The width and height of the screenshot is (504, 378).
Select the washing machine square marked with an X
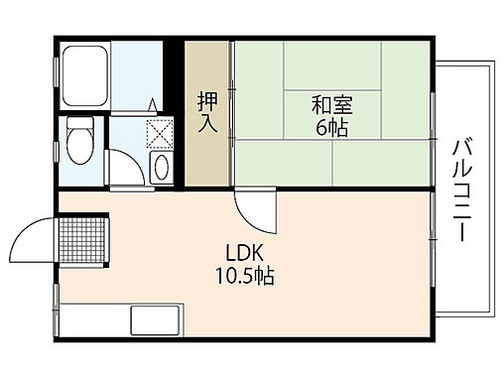(159, 132)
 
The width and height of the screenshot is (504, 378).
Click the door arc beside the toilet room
(125, 169)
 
